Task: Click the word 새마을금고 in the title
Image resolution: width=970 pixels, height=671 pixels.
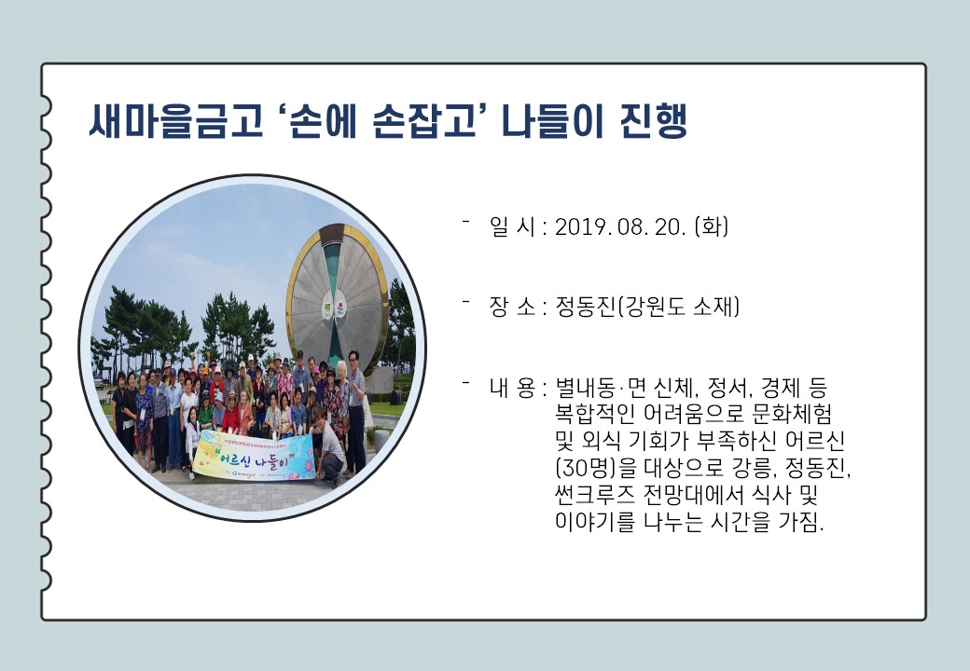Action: coord(176,120)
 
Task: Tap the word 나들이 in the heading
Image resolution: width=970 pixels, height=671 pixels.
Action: coord(552,120)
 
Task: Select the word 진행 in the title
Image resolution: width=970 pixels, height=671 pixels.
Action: coord(653,120)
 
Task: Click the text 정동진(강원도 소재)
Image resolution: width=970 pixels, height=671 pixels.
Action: coord(647,307)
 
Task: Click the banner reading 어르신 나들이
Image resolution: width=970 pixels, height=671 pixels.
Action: coord(255,457)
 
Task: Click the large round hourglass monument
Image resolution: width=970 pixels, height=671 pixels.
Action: coord(338,300)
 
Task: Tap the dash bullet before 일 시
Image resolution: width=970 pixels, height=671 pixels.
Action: coord(465,220)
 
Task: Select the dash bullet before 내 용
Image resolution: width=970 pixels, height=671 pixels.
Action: coord(465,381)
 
